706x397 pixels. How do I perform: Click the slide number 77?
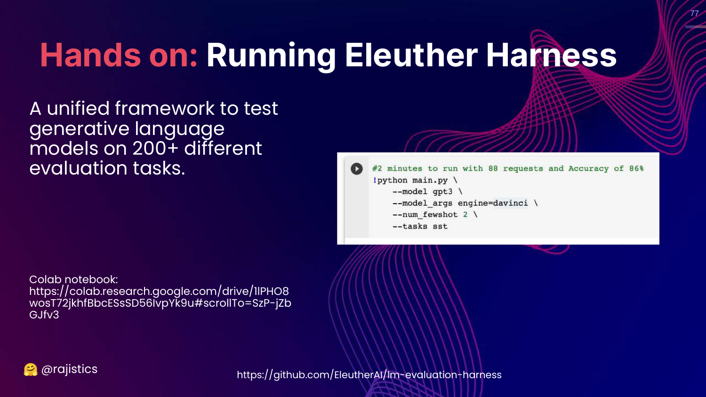pyautogui.click(x=694, y=13)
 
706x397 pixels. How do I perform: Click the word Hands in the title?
pyautogui.click(x=90, y=55)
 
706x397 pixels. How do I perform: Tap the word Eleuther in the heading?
pyautogui.click(x=411, y=55)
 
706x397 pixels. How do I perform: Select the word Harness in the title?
pyautogui.click(x=551, y=55)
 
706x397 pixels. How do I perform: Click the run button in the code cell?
pyautogui.click(x=356, y=168)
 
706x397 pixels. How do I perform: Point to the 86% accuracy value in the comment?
pyautogui.click(x=636, y=168)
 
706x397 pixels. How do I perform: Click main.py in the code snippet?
pyautogui.click(x=430, y=180)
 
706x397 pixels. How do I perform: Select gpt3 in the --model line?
pyautogui.click(x=442, y=191)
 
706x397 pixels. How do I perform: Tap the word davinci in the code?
pyautogui.click(x=510, y=203)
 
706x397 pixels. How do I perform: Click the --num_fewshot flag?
pyautogui.click(x=425, y=214)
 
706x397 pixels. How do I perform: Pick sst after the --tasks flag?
pyautogui.click(x=440, y=226)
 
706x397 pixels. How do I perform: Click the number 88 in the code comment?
pyautogui.click(x=493, y=168)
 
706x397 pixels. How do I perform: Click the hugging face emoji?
pyautogui.click(x=31, y=370)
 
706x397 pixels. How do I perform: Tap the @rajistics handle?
pyautogui.click(x=69, y=369)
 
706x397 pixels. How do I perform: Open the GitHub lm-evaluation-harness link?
pyautogui.click(x=369, y=374)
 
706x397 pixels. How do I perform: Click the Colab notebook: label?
pyautogui.click(x=73, y=279)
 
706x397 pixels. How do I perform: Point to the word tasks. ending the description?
pyautogui.click(x=159, y=168)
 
